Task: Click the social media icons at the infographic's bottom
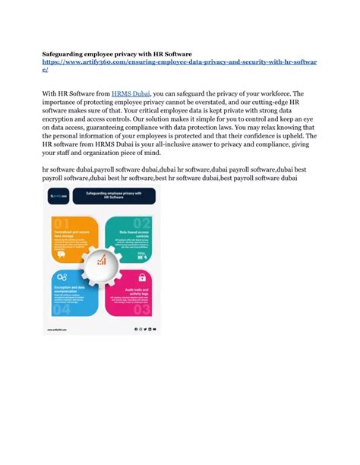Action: click(x=145, y=329)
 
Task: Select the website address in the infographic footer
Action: click(x=57, y=329)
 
